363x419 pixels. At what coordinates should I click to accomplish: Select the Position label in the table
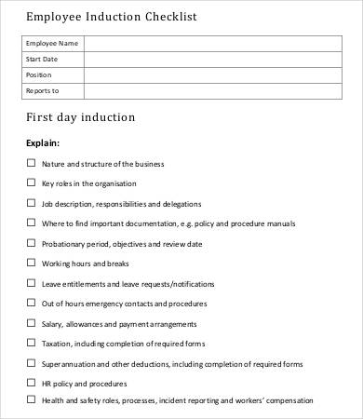click(39, 74)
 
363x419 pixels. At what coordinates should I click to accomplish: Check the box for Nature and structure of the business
click(31, 163)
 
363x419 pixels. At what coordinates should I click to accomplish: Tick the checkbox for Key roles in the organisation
click(31, 183)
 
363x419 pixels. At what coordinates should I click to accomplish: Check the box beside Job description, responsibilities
click(31, 203)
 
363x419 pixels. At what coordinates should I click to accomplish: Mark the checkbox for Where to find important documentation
click(31, 223)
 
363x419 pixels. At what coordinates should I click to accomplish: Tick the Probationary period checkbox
click(31, 243)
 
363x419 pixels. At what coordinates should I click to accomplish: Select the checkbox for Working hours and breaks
click(31, 264)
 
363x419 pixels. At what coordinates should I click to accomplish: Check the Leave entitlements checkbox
click(31, 283)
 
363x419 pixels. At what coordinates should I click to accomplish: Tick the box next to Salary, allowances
click(31, 323)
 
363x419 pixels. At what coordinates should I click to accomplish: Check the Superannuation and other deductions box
click(31, 363)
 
